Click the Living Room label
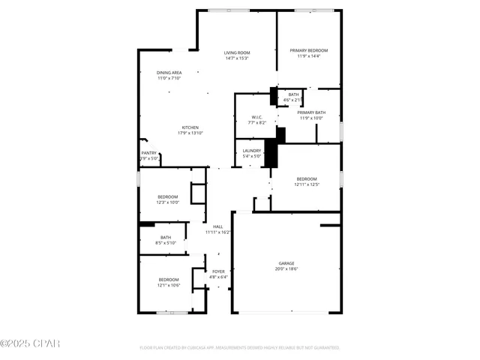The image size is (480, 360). click(x=236, y=52)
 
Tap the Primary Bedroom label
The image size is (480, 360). click(x=309, y=50)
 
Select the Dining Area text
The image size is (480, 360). click(x=169, y=72)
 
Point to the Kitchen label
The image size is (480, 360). click(x=190, y=127)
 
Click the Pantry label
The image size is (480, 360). click(x=149, y=153)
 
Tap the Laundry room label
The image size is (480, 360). click(x=252, y=150)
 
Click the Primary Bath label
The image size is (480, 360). click(x=310, y=112)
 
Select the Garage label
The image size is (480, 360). click(x=286, y=263)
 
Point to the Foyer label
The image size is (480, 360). click(x=218, y=271)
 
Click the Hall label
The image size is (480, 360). click(x=218, y=226)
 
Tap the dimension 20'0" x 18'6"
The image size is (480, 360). click(x=286, y=268)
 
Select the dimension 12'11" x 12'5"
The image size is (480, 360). click(x=307, y=184)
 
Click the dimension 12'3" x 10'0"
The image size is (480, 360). click(x=168, y=202)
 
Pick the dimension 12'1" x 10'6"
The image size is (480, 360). click(x=168, y=285)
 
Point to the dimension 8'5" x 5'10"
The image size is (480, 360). click(x=166, y=243)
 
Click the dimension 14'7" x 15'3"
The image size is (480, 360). click(x=236, y=58)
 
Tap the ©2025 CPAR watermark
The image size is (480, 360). click(x=30, y=344)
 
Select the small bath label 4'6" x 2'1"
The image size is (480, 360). click(x=293, y=100)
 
